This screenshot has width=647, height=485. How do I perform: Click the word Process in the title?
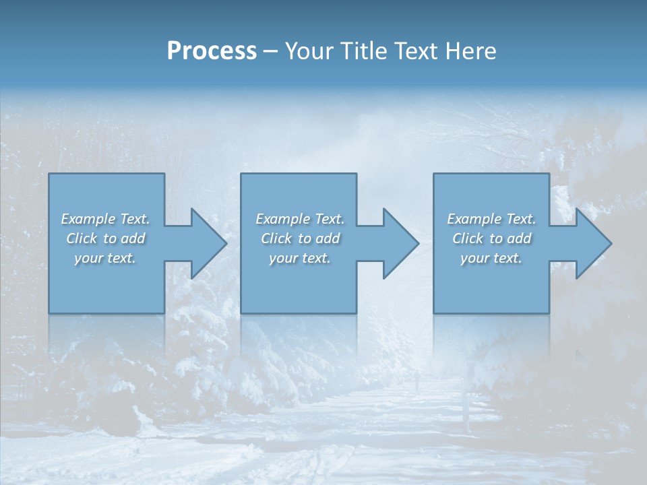click(212, 51)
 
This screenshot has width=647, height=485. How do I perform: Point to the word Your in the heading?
click(308, 51)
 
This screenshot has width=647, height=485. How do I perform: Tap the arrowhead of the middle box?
click(400, 243)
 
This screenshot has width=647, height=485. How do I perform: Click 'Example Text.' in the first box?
click(105, 219)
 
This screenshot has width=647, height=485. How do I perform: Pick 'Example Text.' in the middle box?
click(300, 219)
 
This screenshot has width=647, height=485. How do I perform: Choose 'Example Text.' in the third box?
click(491, 219)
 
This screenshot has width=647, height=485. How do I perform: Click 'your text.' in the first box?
click(105, 258)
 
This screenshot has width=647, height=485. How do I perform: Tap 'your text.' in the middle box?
click(300, 258)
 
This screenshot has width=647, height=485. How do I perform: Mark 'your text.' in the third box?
click(491, 258)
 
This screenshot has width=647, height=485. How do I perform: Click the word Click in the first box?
click(82, 238)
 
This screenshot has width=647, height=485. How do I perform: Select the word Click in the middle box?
click(276, 238)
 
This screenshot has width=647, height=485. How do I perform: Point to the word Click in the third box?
click(468, 238)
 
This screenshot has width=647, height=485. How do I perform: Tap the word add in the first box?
click(133, 238)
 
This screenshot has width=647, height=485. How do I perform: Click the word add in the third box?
click(520, 238)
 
